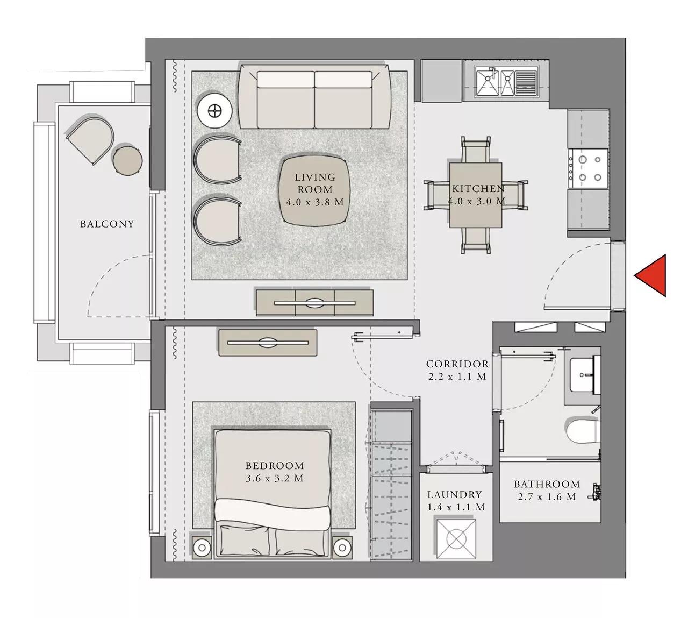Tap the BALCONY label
click(107, 224)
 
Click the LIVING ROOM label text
click(314, 183)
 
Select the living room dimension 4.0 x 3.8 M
click(314, 202)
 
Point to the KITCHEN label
click(478, 189)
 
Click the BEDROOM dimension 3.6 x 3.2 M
click(275, 478)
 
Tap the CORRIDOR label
click(457, 364)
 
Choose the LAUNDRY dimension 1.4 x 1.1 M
click(456, 507)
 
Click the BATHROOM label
click(547, 484)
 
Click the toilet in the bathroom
click(581, 431)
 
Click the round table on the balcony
click(127, 160)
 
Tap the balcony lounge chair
click(90, 138)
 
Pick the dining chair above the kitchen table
click(475, 150)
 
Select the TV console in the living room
click(314, 303)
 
